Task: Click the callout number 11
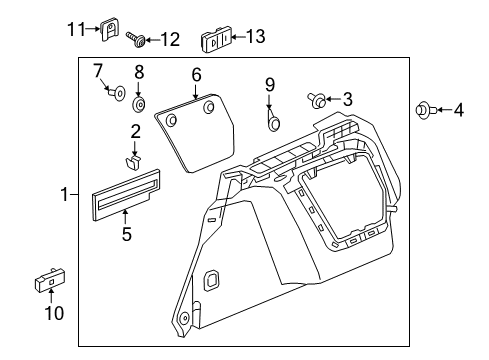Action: coord(76,29)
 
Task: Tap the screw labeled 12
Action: coord(136,39)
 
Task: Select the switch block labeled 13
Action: coord(215,39)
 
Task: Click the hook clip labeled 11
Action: coord(109,29)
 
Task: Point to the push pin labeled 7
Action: coord(116,92)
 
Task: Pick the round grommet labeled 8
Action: coord(139,105)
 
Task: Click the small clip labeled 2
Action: coord(132,162)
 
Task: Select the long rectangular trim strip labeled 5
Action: coord(126,194)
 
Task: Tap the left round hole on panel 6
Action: coord(171,120)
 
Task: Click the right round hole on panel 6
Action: coord(209,107)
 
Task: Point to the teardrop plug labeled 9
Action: coord(274,121)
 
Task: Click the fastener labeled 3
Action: coord(317,100)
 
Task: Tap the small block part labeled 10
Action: coord(50,279)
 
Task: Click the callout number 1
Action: coord(64,194)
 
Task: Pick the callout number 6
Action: coord(197,74)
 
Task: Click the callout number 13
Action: coord(256,36)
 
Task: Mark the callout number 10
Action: coord(54,313)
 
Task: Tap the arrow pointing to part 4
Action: coord(444,110)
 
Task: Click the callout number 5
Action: coord(127,234)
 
